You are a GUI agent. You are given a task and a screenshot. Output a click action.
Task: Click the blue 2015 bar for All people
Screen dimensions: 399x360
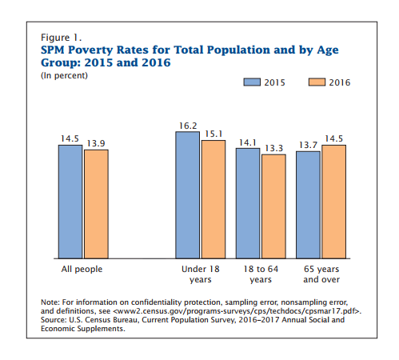coord(70,202)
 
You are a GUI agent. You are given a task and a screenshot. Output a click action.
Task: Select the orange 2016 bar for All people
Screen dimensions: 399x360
coord(96,204)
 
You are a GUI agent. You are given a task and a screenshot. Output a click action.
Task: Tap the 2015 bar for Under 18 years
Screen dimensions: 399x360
coord(187,195)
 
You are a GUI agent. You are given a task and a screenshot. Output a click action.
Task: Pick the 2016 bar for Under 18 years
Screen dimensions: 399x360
coord(213,199)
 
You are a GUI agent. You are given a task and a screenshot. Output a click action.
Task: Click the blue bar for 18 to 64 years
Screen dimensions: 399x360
coord(248,203)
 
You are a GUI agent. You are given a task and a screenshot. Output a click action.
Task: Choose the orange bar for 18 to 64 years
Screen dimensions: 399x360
coord(273,206)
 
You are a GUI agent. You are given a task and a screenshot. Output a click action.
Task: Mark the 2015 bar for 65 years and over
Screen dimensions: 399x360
coord(308,205)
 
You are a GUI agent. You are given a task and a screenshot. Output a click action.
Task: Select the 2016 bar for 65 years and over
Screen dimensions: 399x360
coord(334,202)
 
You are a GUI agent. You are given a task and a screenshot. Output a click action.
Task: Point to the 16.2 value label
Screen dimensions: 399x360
coord(188,126)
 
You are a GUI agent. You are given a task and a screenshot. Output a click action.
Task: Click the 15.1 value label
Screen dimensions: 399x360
coord(213,134)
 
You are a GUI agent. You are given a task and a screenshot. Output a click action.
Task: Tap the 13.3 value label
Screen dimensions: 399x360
coord(273,148)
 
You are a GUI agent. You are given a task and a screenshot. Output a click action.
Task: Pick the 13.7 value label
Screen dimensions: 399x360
coord(308,145)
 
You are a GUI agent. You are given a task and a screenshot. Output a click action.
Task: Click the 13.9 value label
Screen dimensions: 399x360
coord(96,143)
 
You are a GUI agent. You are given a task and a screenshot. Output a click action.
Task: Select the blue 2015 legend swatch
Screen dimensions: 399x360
coord(252,82)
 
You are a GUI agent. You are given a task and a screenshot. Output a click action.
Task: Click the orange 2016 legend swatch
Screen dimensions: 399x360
coord(317,82)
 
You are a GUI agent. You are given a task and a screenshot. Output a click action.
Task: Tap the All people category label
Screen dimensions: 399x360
coord(82,269)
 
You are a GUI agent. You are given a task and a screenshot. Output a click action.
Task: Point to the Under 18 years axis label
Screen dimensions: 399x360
coord(201,274)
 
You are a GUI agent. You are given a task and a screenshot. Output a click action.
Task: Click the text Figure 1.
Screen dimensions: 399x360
coord(61,38)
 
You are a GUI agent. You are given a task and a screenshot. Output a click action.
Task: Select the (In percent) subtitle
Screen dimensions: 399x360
coord(64,76)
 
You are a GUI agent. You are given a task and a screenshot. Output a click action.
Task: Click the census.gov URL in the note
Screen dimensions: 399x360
coord(237,311)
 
